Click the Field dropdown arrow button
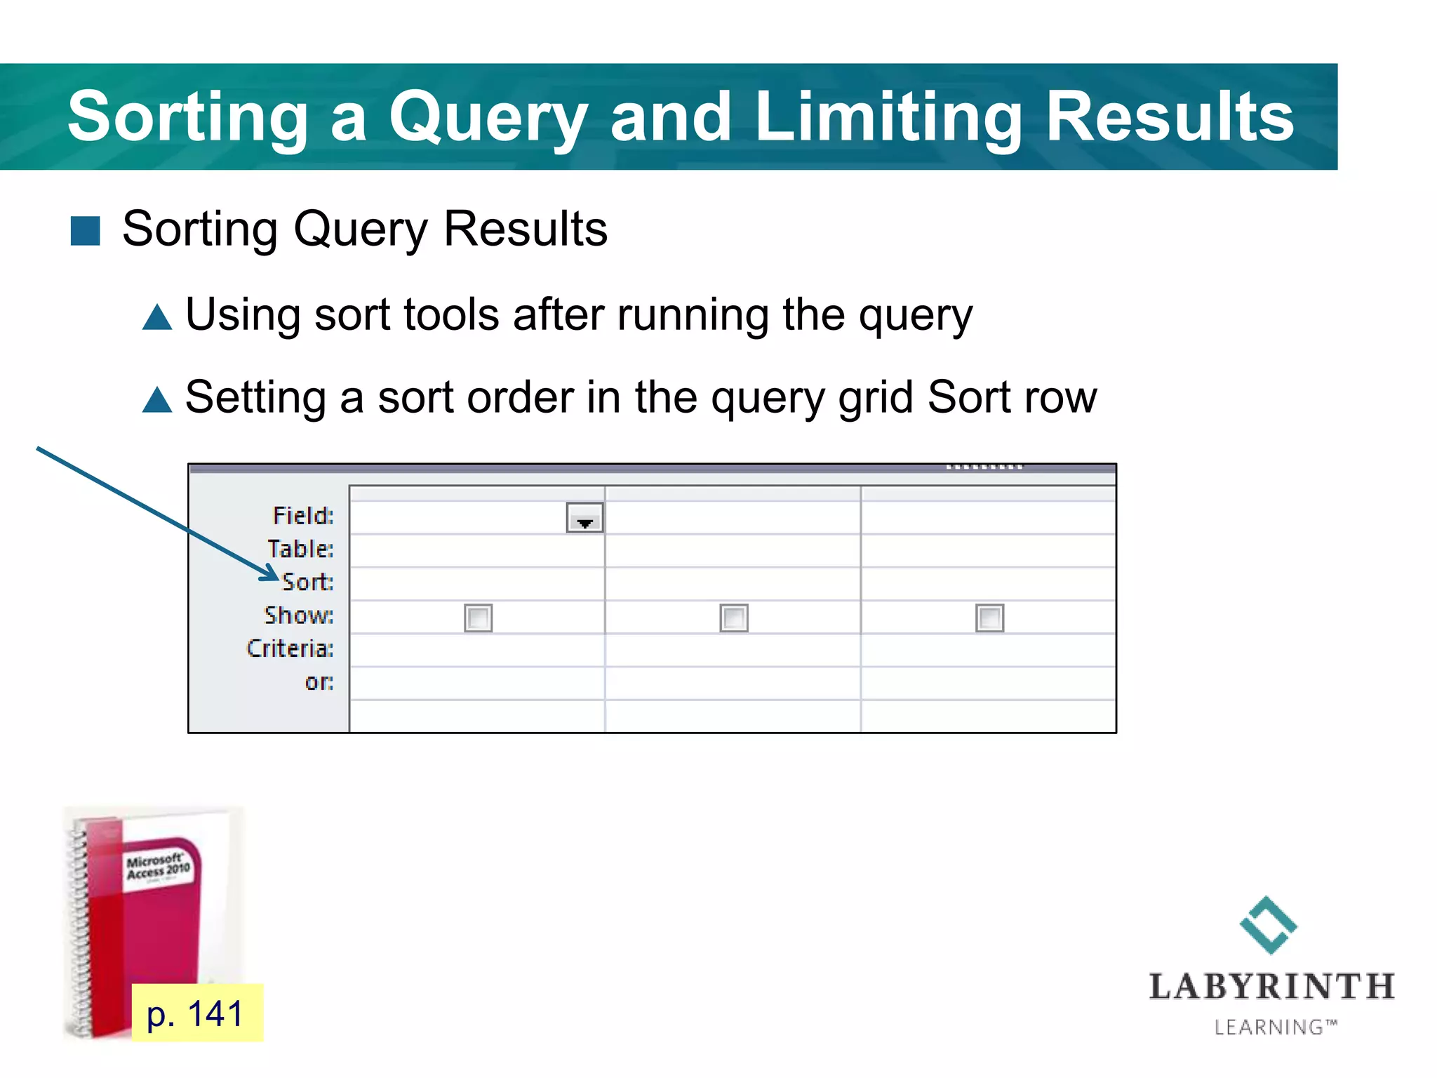point(584,518)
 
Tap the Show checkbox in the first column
point(478,618)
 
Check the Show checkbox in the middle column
point(734,618)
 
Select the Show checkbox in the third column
point(989,618)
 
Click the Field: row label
point(303,516)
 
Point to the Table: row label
point(300,549)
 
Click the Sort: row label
point(307,582)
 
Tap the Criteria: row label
point(290,648)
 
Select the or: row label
point(319,681)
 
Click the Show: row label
point(299,615)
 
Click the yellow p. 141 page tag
point(196,1013)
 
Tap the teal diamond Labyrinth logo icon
point(1269,925)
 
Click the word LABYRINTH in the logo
point(1271,987)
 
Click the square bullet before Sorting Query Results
point(86,231)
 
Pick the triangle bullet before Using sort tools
point(157,317)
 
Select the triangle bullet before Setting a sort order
point(157,400)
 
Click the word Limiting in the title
point(887,117)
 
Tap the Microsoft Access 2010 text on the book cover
point(157,867)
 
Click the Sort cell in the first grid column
point(477,584)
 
